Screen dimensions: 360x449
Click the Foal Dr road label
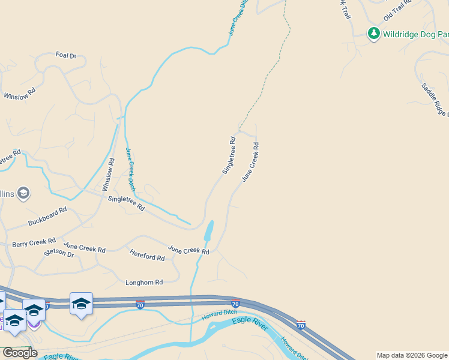pos(66,56)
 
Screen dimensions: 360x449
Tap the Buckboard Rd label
pos(47,217)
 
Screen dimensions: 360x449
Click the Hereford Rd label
pos(147,255)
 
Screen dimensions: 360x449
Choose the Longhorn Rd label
pos(144,282)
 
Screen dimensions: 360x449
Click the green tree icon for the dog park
pos(374,33)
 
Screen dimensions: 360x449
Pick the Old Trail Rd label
pos(397,10)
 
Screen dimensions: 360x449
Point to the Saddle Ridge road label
pos(435,100)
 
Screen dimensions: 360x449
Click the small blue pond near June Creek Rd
pos(209,230)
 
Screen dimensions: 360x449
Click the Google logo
pos(19,353)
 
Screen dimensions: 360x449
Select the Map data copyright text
pos(412,355)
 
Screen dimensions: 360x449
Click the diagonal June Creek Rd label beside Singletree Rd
pos(250,162)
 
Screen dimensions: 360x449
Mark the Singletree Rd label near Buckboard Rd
pos(126,203)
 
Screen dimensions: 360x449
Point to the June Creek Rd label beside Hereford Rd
pos(188,250)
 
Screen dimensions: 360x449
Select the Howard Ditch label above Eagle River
pos(219,313)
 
